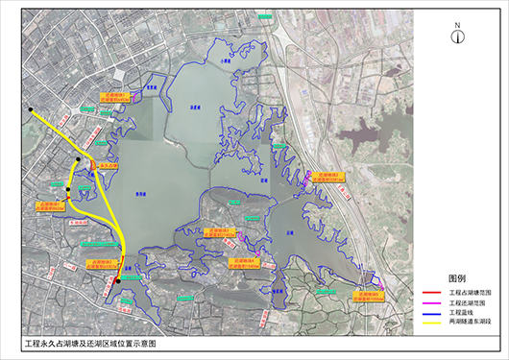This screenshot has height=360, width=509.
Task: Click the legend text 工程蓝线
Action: click(x=462, y=313)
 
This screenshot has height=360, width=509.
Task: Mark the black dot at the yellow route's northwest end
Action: click(x=31, y=108)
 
